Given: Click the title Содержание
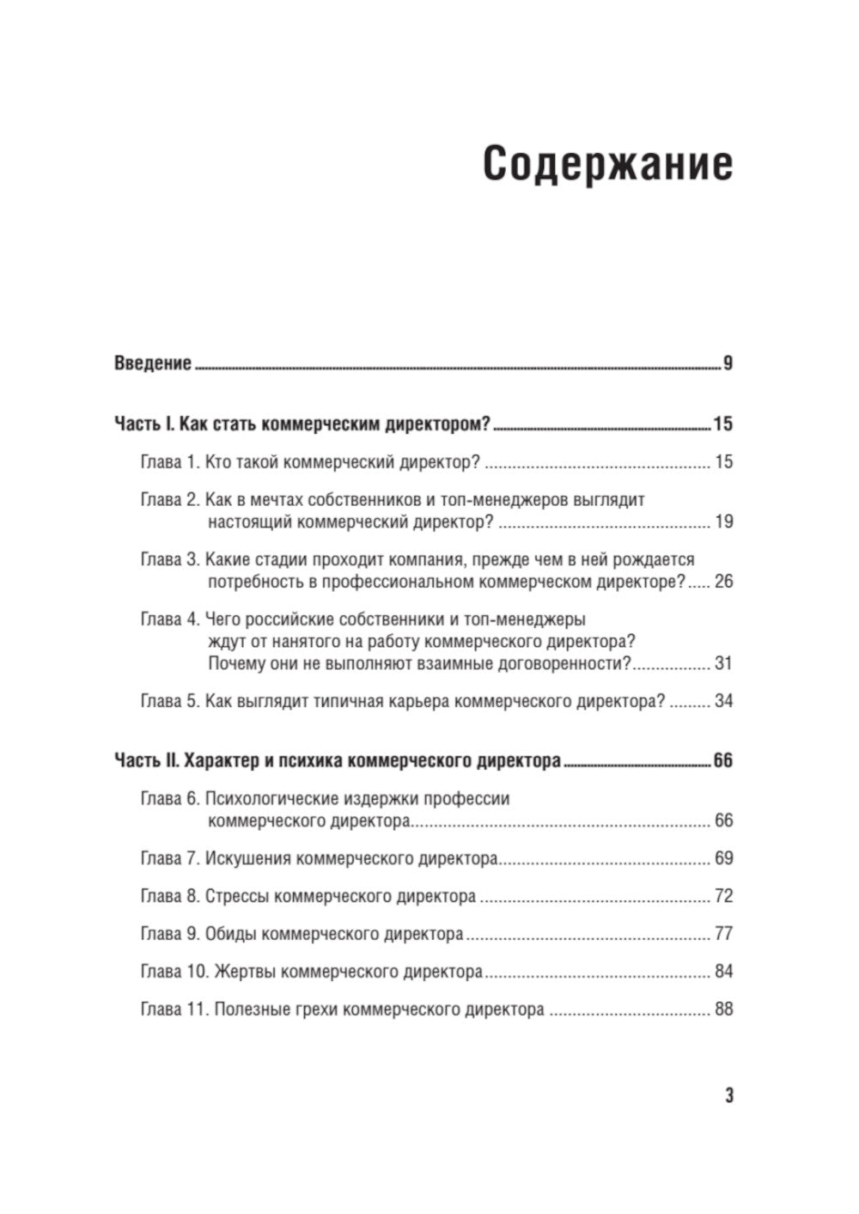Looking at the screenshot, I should click(x=607, y=163).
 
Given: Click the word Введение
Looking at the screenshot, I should click(x=152, y=363).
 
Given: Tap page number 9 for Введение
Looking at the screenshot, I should click(x=728, y=363).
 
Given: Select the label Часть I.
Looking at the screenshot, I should click(x=144, y=424).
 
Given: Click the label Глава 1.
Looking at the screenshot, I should click(x=169, y=462).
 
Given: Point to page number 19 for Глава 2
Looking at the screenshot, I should click(x=723, y=522).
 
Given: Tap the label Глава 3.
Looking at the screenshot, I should click(x=169, y=560).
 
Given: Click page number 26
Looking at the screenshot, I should click(x=723, y=583).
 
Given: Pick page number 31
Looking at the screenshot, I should click(x=723, y=663).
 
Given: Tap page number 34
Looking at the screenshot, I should click(x=723, y=701).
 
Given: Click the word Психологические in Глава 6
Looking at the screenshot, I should click(x=269, y=799).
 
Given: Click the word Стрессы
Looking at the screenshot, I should click(x=238, y=896).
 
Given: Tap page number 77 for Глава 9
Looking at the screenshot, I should click(x=723, y=934).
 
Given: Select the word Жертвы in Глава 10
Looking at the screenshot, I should click(x=245, y=972).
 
